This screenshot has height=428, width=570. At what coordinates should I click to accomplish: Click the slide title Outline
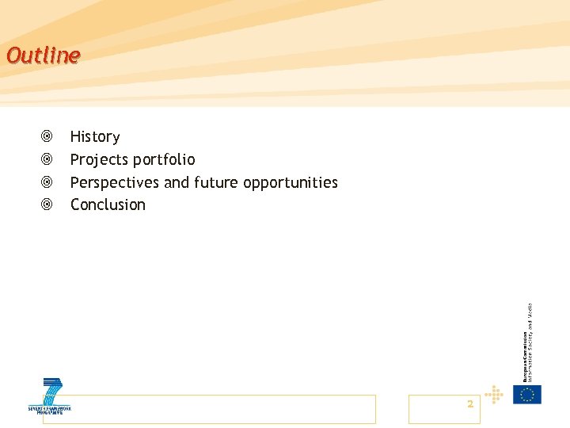[43, 55]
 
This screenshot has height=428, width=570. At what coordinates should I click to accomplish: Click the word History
[95, 137]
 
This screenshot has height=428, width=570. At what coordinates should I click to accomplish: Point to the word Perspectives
[115, 183]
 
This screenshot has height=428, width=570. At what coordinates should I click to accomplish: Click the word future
[216, 182]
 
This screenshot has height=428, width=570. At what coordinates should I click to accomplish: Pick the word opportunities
[291, 183]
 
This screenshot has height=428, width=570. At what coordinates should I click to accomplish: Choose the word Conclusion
[108, 204]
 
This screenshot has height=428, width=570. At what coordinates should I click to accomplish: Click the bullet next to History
[47, 137]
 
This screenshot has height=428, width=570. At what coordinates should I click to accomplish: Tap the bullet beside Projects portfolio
[47, 160]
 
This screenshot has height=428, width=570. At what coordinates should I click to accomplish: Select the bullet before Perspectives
[47, 182]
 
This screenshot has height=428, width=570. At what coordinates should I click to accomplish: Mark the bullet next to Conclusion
[47, 204]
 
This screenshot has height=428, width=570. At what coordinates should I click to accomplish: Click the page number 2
[470, 404]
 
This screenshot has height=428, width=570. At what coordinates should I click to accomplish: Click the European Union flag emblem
[526, 394]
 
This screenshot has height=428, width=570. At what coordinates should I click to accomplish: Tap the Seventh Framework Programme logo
[49, 397]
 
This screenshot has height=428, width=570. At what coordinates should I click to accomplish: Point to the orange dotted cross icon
[494, 394]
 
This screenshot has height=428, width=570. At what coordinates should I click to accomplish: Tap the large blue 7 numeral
[52, 392]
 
